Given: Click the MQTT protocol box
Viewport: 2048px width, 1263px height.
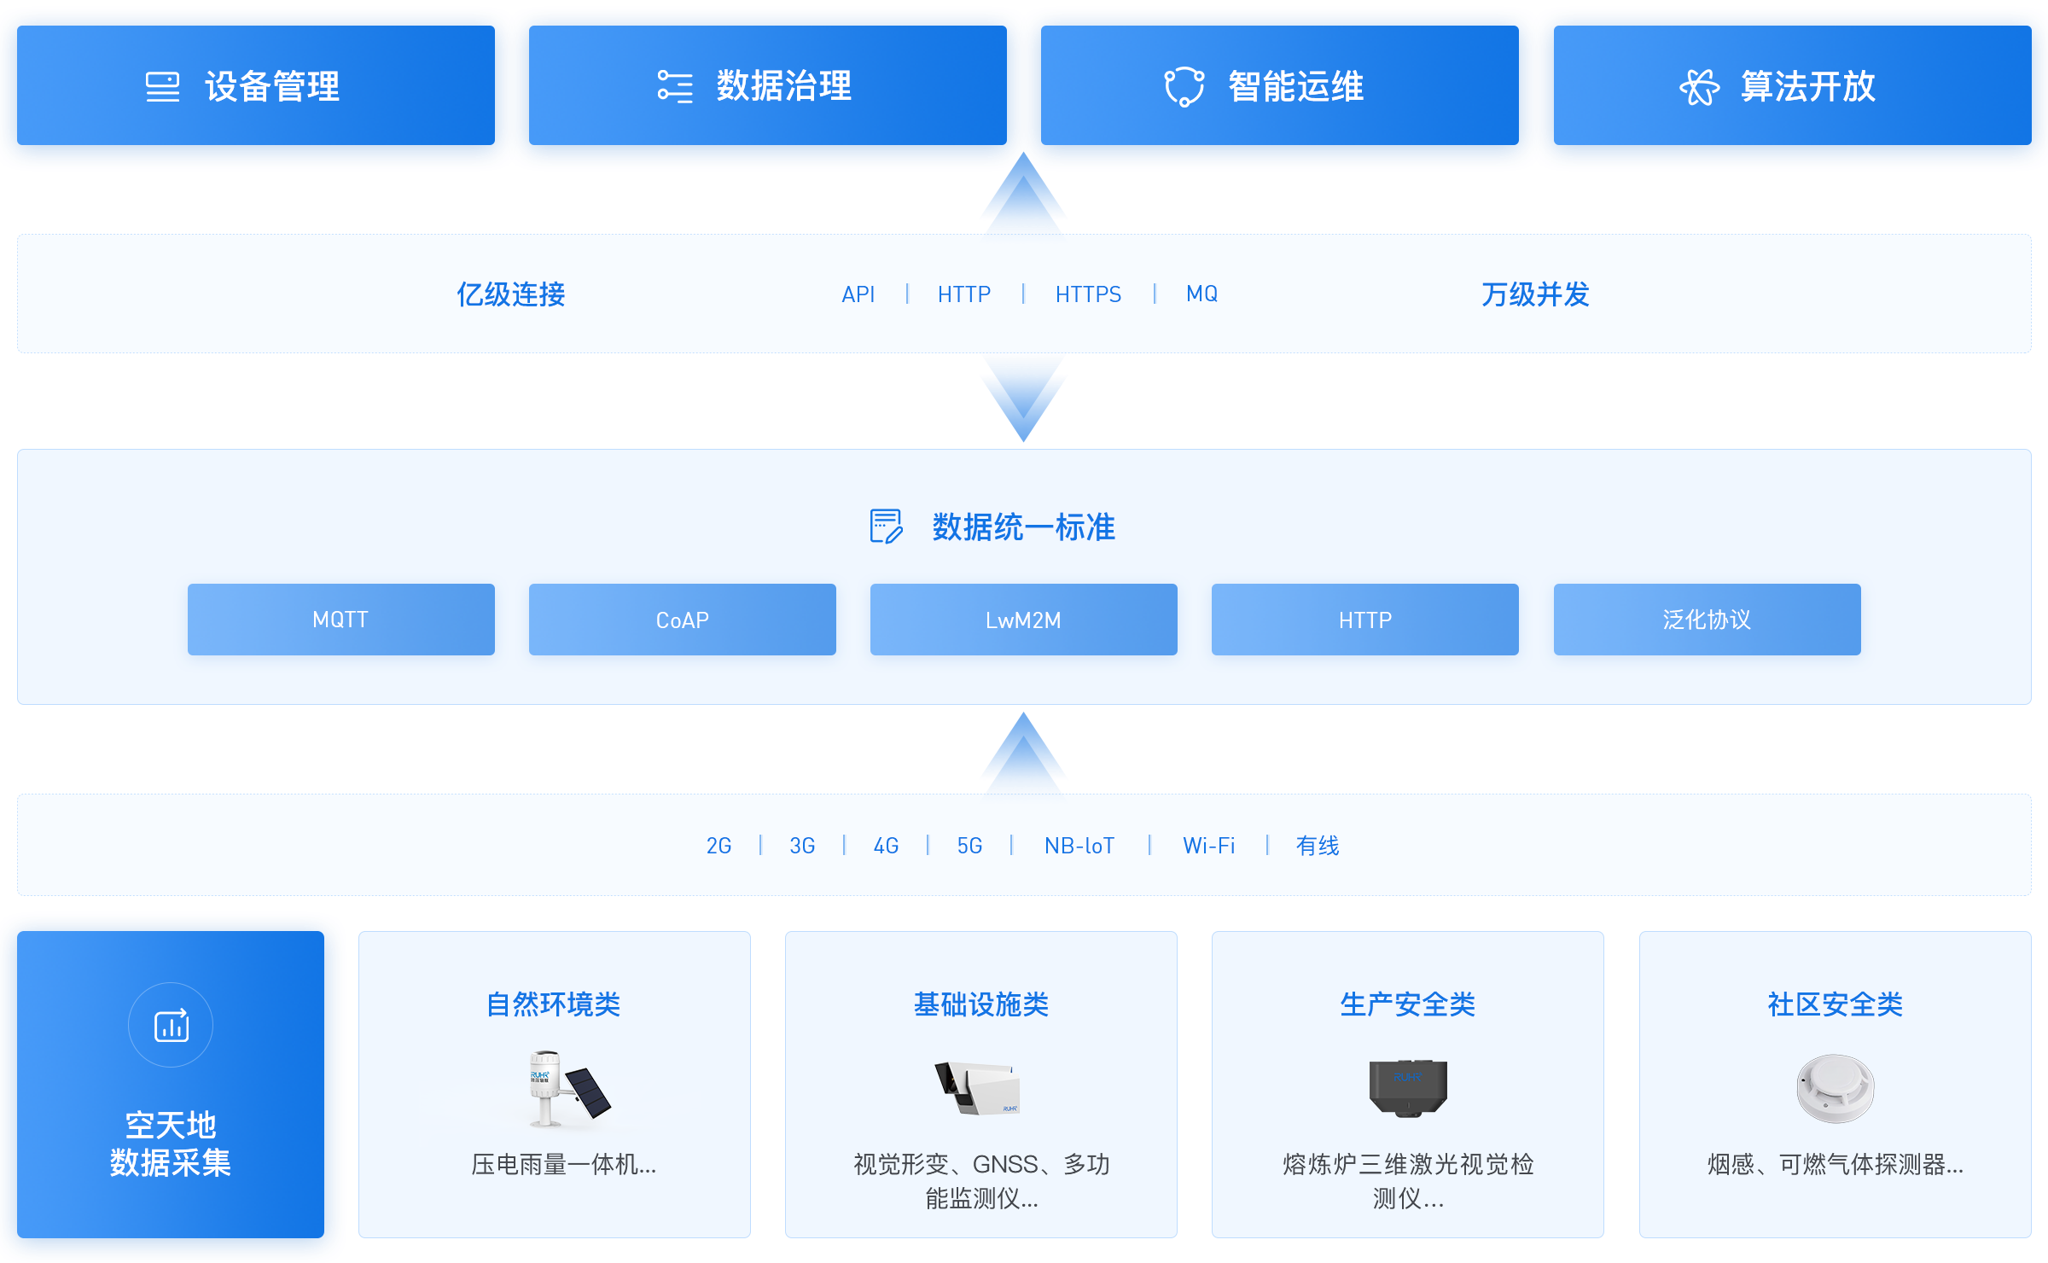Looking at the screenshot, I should [340, 620].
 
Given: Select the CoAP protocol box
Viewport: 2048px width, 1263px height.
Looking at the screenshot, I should [682, 620].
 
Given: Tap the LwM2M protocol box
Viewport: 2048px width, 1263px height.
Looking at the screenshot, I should [1023, 620].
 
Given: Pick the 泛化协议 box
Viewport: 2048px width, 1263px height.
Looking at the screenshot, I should [1707, 620].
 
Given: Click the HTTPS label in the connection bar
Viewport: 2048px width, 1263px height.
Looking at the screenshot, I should [1088, 294].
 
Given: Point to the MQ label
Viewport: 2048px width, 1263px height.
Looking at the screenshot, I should [1201, 294].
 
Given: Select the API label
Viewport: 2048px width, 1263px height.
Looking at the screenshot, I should [858, 294].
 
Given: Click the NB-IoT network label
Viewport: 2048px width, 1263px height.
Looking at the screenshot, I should [1079, 846].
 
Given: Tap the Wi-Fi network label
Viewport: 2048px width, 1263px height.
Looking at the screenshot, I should [1208, 846].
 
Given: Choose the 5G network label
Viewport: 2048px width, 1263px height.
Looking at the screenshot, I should [969, 846].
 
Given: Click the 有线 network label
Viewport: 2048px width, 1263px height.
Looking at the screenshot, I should [1318, 846].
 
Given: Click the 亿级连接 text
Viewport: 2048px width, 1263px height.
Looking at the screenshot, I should [510, 294].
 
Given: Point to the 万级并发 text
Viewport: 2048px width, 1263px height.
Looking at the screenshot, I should [1535, 294].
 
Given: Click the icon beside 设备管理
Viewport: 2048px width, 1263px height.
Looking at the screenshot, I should [162, 87].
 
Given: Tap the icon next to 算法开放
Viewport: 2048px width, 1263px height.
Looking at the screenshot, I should [1699, 87].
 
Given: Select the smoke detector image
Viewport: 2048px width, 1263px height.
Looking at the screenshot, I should [1835, 1088].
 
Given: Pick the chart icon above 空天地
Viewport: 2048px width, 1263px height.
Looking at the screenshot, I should [171, 1025].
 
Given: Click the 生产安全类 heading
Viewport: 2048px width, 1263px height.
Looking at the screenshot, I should [1407, 1004].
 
